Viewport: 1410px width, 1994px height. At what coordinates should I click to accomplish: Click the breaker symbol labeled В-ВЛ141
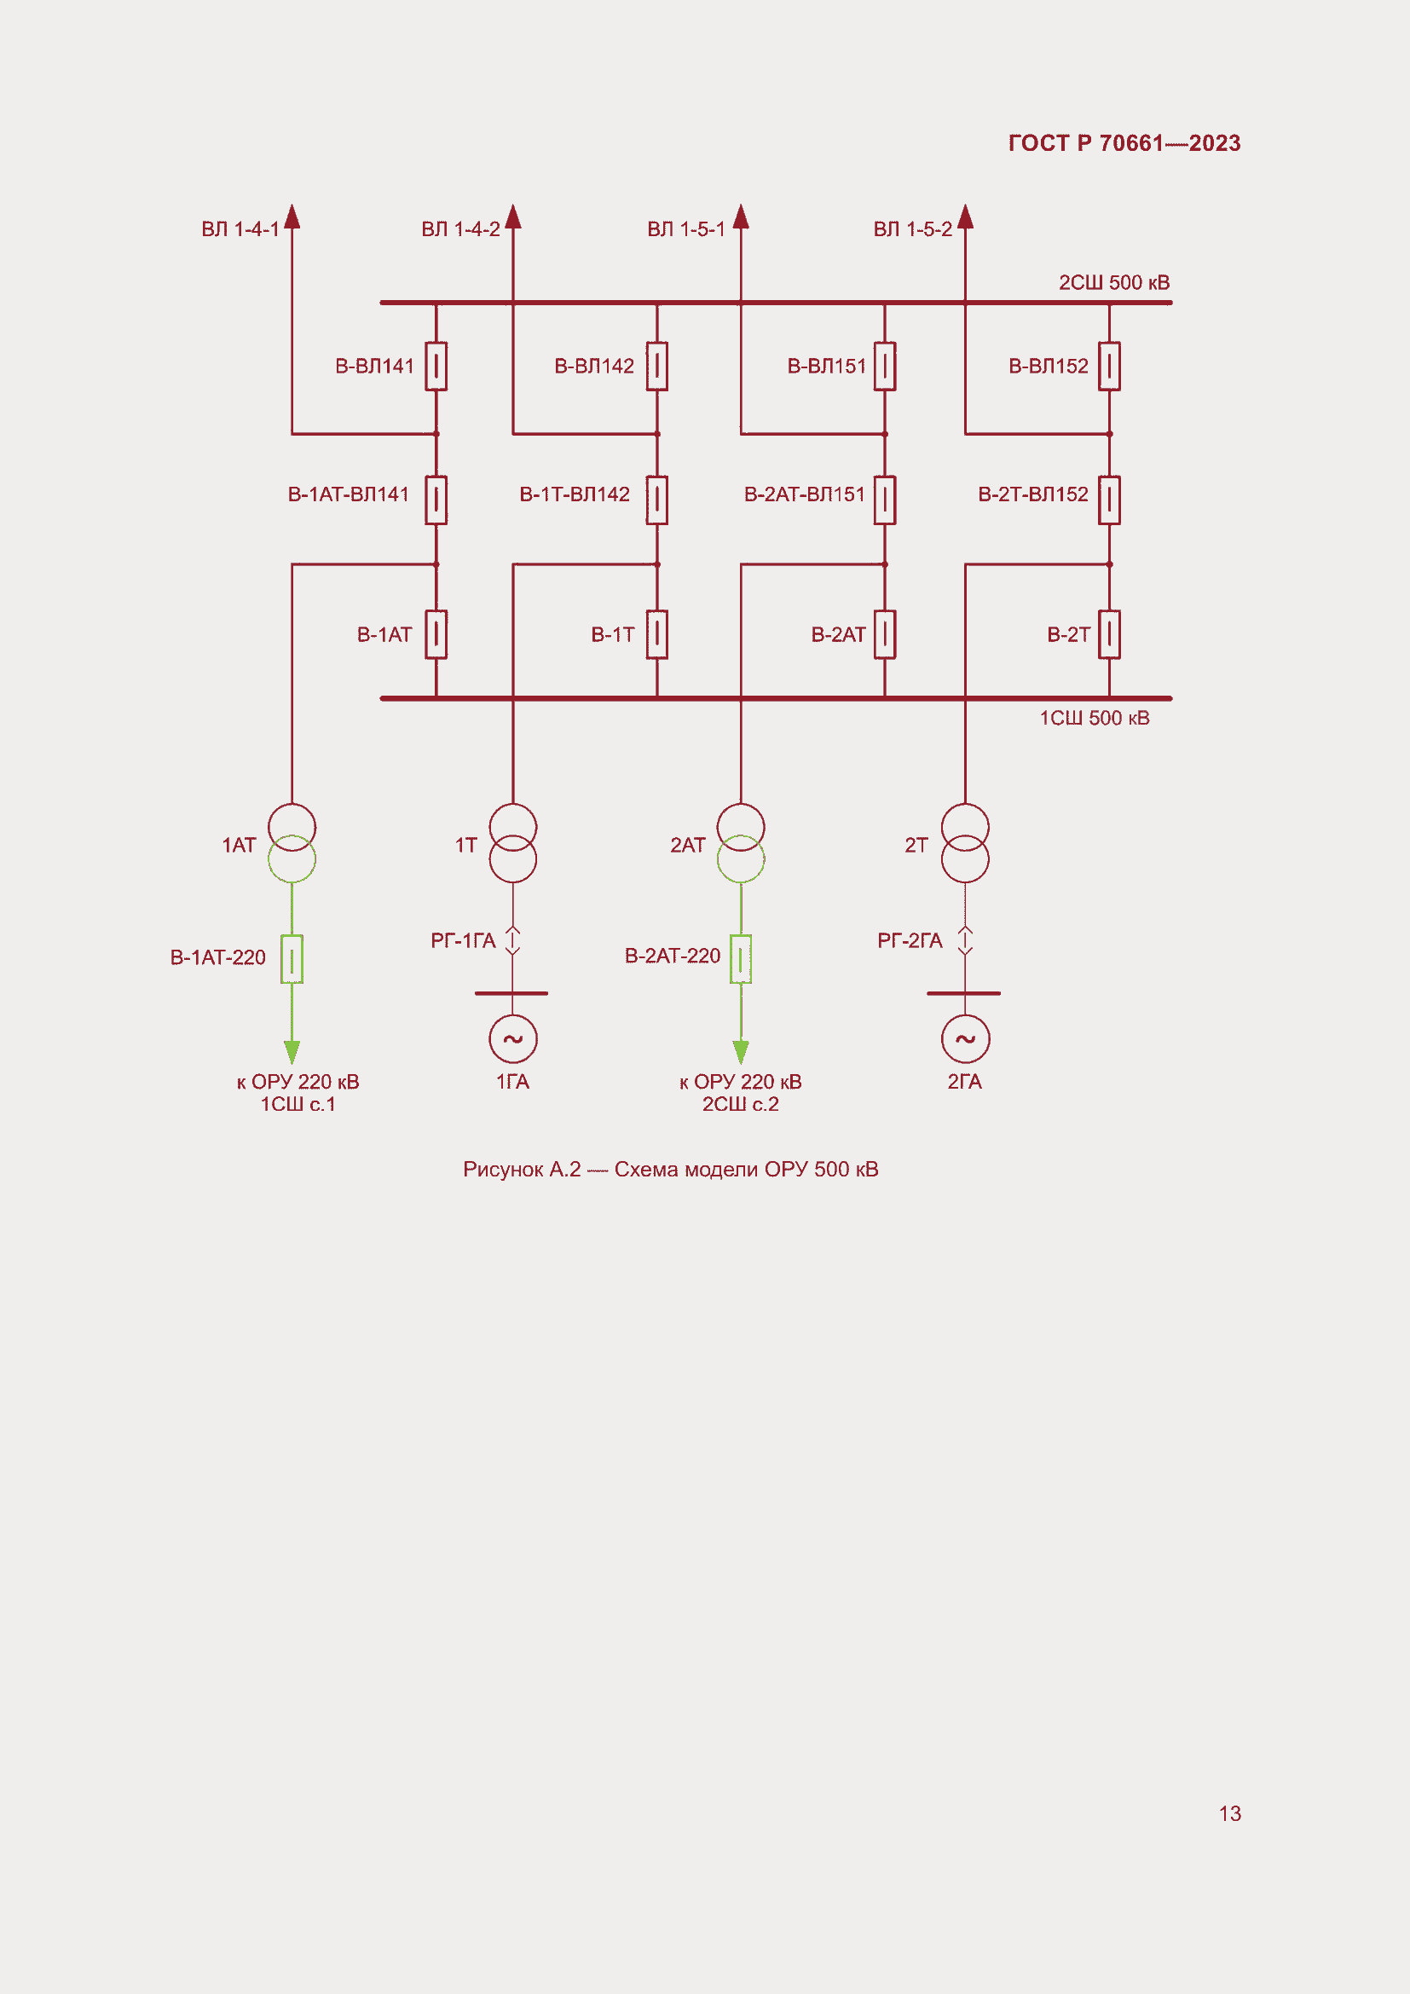[436, 367]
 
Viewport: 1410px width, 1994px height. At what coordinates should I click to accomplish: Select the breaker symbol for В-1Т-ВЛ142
[657, 500]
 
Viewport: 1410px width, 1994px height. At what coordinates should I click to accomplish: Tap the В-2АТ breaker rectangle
[885, 635]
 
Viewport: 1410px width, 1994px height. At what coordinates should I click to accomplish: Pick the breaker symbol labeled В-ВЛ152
[1109, 367]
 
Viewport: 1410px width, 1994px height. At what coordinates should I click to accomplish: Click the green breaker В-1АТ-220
[292, 959]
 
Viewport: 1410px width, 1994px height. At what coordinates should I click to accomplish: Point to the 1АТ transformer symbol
[292, 843]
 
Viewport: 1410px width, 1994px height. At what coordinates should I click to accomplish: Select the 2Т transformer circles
[965, 843]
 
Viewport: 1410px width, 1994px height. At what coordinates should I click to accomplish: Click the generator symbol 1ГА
[513, 1038]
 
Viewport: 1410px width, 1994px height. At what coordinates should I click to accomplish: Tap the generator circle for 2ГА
[965, 1038]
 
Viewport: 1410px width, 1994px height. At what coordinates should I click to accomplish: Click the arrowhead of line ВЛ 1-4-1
[292, 217]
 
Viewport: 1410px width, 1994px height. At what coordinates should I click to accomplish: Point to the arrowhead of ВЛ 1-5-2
[965, 217]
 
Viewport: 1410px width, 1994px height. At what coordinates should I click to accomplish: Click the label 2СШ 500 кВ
[1114, 283]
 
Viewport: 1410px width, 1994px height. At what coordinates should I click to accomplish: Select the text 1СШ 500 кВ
[1094, 718]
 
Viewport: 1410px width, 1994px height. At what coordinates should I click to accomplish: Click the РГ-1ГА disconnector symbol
[513, 940]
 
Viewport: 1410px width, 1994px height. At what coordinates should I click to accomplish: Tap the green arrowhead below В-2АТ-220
[741, 1052]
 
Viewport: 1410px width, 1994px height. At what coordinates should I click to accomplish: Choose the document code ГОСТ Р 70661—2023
[1124, 143]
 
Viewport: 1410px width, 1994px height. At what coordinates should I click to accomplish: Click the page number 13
[1229, 1813]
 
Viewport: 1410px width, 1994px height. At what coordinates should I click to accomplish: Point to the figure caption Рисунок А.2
[670, 1170]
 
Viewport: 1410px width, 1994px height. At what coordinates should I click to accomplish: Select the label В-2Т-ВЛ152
[1032, 495]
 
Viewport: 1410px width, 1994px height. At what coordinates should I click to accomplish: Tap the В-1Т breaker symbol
[657, 635]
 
